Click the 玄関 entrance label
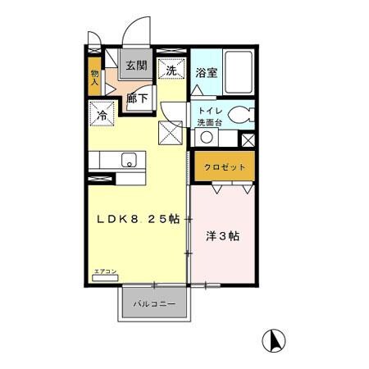135,66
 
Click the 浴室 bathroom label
207,72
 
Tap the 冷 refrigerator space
104,114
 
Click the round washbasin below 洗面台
208,138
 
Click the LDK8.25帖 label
138,219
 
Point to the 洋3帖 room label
223,236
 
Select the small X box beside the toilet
249,140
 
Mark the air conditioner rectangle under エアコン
105,279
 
